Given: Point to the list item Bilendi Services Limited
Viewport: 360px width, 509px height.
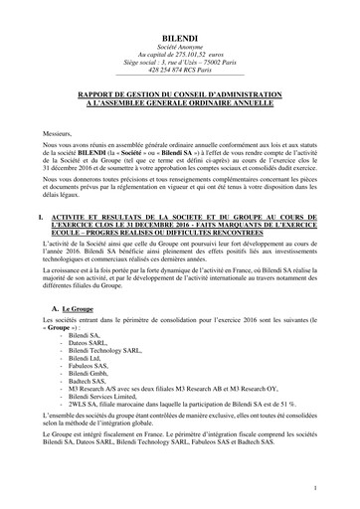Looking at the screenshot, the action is (x=110, y=404).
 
